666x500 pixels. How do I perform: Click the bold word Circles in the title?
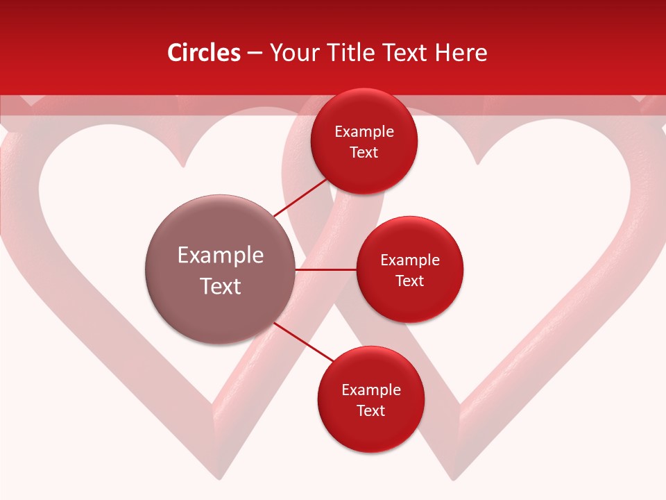(203, 53)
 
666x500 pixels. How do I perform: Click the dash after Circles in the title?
(255, 53)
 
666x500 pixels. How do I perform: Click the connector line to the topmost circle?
(300, 197)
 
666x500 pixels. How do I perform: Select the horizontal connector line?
(325, 269)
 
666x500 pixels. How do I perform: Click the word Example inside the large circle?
(221, 256)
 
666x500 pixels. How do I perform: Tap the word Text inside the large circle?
(221, 286)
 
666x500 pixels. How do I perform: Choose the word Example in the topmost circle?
(364, 132)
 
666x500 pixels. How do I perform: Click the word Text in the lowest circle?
(370, 410)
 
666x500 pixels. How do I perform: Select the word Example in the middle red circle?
(409, 260)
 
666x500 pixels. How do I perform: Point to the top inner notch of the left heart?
(183, 165)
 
